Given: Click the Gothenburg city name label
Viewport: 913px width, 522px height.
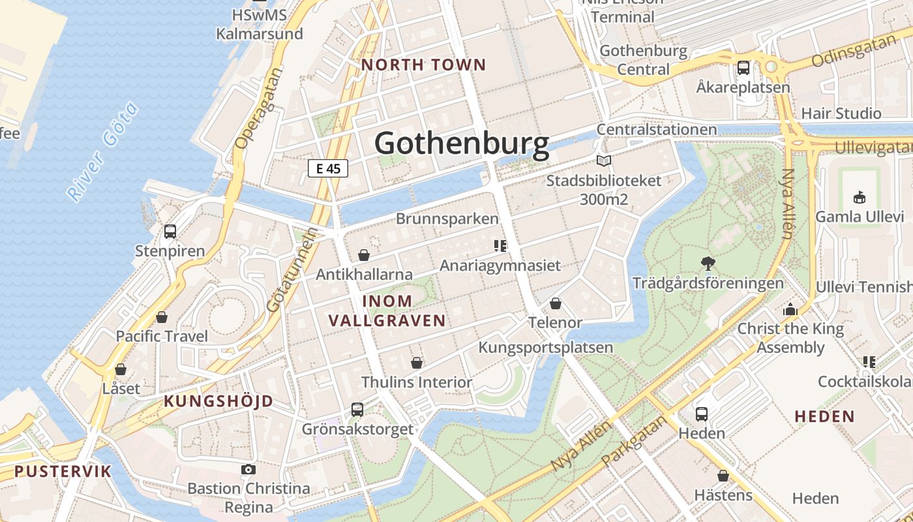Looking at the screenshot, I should click(x=462, y=144).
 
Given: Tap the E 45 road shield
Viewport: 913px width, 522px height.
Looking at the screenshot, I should click(x=328, y=168).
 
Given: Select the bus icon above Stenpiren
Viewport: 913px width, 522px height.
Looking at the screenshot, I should click(x=170, y=232).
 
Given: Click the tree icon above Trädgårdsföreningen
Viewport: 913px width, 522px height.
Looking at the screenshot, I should click(x=708, y=264).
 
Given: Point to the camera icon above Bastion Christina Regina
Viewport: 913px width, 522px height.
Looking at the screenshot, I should click(x=248, y=469).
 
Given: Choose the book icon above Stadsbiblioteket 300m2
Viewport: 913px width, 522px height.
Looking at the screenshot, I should click(x=604, y=161).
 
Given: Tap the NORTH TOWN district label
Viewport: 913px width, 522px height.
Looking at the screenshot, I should click(x=424, y=65).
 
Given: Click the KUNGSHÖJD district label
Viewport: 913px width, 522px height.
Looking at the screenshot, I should click(x=218, y=401).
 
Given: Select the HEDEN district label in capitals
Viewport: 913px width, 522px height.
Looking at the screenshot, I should click(x=825, y=416).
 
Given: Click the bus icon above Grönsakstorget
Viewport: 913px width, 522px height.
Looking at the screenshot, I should click(x=357, y=410).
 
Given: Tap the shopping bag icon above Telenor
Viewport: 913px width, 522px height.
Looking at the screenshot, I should click(x=556, y=303).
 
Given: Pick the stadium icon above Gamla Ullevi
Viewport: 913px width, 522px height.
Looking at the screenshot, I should click(x=860, y=197).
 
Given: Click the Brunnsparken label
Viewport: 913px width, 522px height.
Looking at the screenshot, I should click(x=447, y=219).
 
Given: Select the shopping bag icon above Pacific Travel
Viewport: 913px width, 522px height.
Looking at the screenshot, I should click(x=162, y=317).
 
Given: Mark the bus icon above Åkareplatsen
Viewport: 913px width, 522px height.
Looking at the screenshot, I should click(x=743, y=67).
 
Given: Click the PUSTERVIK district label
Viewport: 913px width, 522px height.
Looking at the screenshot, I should click(x=63, y=471).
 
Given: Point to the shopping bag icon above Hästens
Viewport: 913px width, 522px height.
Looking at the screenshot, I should click(x=723, y=476).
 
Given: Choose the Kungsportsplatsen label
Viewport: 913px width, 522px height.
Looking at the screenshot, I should click(x=546, y=347).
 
